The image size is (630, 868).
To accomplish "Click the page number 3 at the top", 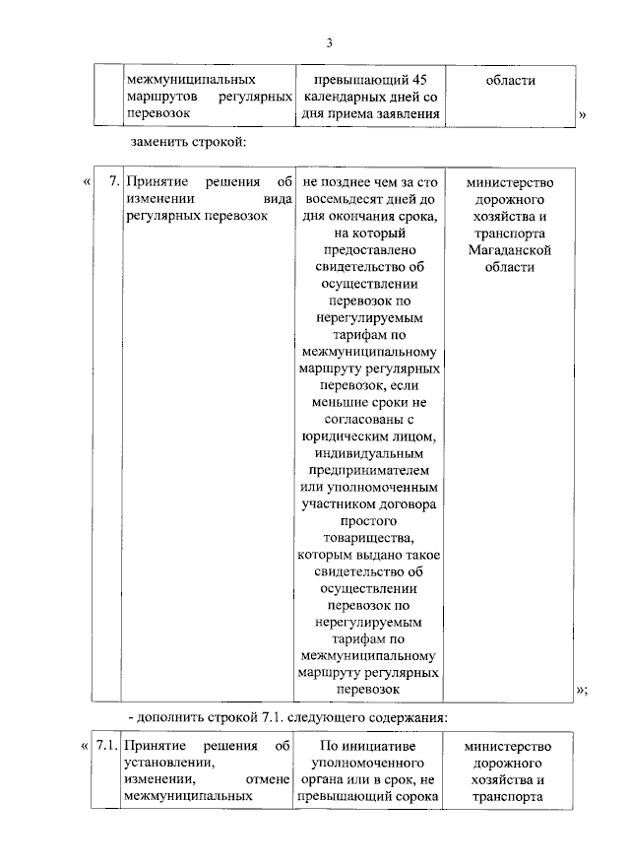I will click(331, 40).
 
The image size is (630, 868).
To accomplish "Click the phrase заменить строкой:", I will click(186, 143).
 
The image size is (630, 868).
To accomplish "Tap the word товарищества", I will click(368, 536).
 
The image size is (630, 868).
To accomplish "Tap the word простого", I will click(368, 519).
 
